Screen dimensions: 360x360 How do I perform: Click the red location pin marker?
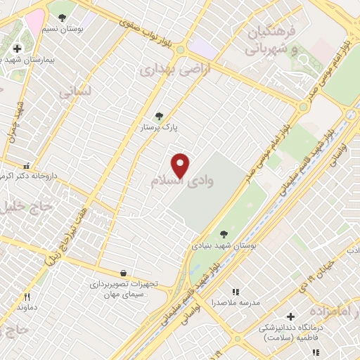[x=181, y=165]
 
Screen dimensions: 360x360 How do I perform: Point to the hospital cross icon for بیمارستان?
[x=17, y=49]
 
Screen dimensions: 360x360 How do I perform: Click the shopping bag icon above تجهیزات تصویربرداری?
[x=124, y=273]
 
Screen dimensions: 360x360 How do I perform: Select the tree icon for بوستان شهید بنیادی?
[x=224, y=235]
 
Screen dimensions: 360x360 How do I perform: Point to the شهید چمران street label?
[x=15, y=120]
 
